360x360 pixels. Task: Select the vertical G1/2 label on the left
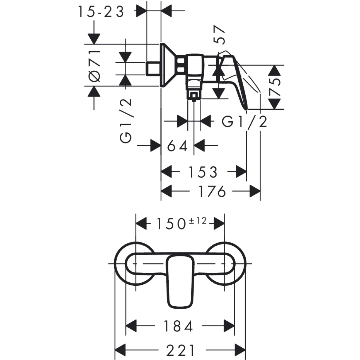(x=126, y=121)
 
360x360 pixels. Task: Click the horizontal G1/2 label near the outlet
(x=245, y=122)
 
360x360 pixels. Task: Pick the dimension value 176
(x=212, y=192)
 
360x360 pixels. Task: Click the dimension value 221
(x=181, y=350)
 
